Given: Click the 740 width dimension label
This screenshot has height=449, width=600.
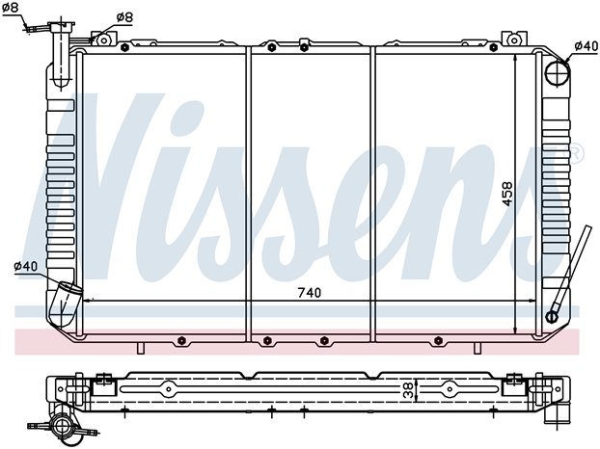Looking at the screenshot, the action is tap(310, 293).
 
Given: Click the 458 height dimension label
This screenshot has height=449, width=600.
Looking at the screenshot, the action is tap(507, 194).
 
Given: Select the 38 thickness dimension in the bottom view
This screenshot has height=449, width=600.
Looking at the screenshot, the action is tap(409, 390).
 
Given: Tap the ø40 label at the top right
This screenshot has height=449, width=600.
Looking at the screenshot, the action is tap(586, 46).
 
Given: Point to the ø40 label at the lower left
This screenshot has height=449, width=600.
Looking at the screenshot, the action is tap(26, 266).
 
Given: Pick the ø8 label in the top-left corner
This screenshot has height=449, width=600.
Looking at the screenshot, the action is tap(10, 8).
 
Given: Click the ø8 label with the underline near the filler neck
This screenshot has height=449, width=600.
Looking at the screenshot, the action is tap(124, 17).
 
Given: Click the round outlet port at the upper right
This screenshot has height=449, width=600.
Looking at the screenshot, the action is tap(558, 72).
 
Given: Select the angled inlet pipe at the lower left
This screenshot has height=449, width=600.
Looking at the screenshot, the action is tap(65, 304).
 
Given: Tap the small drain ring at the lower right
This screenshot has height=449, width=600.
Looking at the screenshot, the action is tap(552, 317).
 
